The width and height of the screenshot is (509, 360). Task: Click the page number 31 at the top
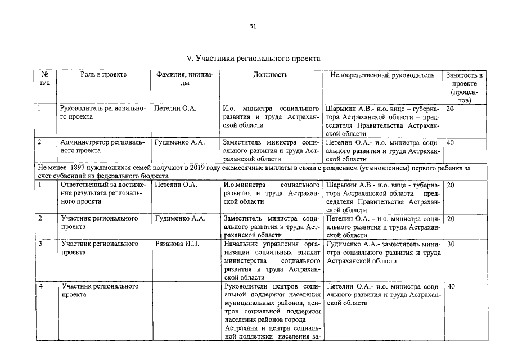254,26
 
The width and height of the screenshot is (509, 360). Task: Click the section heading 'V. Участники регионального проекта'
254,58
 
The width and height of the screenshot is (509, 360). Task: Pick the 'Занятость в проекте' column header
464,87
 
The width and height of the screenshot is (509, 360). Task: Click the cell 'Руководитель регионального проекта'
102,112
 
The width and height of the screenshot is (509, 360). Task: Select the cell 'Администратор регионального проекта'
102,146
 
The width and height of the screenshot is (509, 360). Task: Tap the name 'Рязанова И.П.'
177,244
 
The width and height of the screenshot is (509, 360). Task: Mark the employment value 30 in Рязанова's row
451,244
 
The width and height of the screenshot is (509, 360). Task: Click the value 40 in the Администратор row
450,142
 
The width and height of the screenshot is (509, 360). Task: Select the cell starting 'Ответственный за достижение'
103,192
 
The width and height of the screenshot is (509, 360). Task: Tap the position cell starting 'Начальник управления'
271,260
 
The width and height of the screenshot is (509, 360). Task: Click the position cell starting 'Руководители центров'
271,311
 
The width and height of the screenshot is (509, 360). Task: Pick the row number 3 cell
40,244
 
